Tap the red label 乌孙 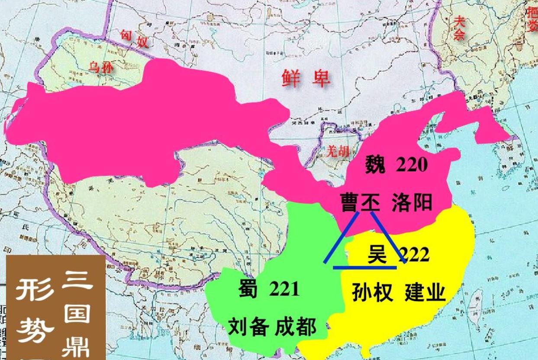101,68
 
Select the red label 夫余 459,28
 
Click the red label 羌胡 338,151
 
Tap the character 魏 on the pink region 375,164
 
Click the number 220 412,164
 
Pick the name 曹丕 359,203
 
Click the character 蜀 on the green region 248,289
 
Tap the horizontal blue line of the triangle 365,267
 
